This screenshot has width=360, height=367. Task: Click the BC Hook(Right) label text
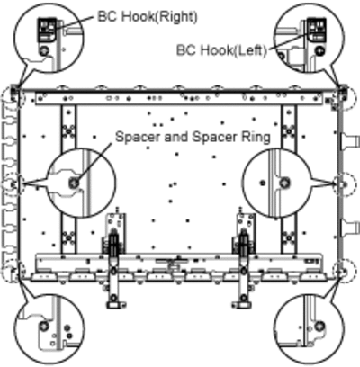(148, 17)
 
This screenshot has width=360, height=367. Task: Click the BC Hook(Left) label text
(221, 50)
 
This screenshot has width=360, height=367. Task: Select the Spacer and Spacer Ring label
(193, 137)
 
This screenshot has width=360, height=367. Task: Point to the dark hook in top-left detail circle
(47, 30)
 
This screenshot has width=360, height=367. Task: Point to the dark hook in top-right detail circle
(317, 30)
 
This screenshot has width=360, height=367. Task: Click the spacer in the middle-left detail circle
(74, 183)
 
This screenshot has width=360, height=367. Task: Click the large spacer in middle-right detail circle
(284, 183)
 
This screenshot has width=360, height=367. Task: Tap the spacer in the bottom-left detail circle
(44, 326)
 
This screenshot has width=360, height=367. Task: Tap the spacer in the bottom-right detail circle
(319, 326)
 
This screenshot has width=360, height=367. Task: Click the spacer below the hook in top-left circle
(44, 50)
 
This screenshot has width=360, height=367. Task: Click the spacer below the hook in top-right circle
(319, 50)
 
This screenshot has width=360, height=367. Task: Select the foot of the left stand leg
(115, 305)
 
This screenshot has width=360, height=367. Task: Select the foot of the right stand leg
(241, 305)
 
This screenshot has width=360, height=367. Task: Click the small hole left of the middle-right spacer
(263, 183)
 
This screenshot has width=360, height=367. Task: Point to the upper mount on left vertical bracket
(68, 131)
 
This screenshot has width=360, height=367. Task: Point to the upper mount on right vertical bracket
(289, 131)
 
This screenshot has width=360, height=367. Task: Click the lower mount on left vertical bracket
(68, 238)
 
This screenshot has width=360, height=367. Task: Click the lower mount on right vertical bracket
(289, 238)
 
